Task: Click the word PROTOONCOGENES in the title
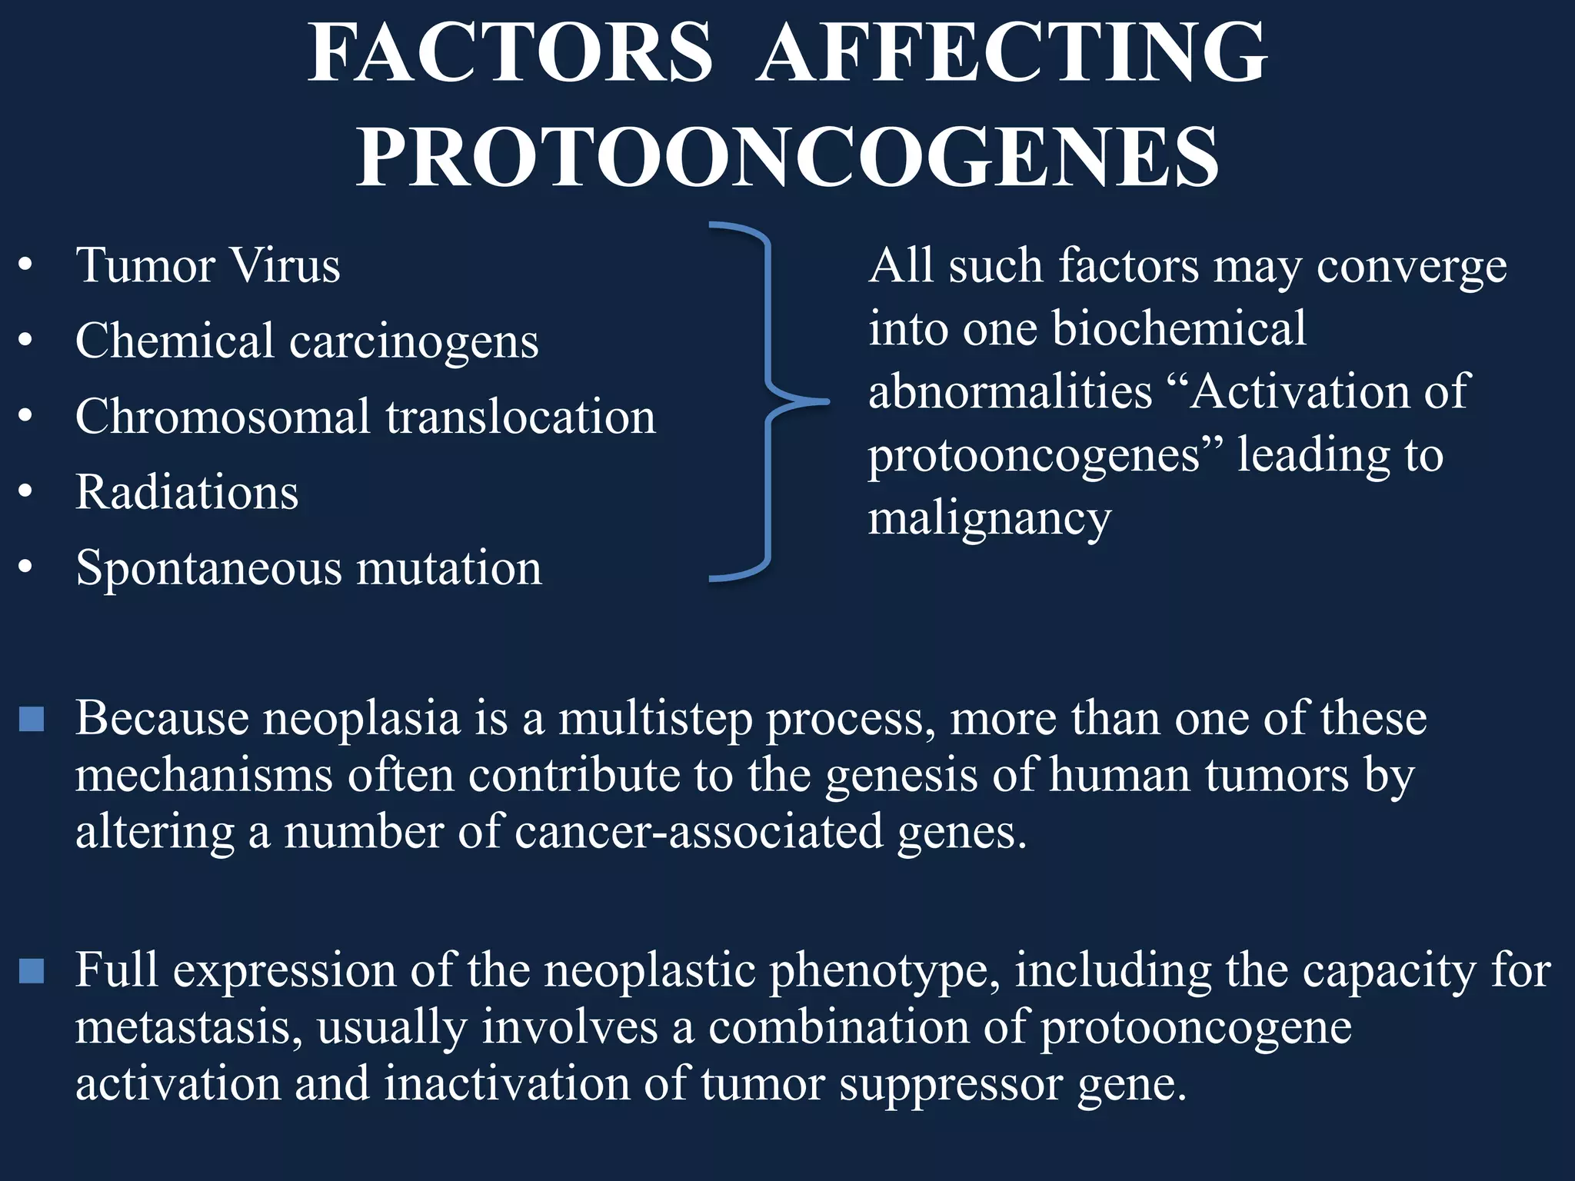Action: [787, 158]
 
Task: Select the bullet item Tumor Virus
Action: [208, 266]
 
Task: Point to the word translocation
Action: [521, 417]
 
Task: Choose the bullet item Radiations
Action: [187, 492]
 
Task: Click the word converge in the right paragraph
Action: [1411, 268]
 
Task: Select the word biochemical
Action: [1178, 329]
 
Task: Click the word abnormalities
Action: [1010, 392]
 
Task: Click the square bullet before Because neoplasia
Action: [32, 719]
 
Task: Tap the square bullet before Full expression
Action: [32, 970]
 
